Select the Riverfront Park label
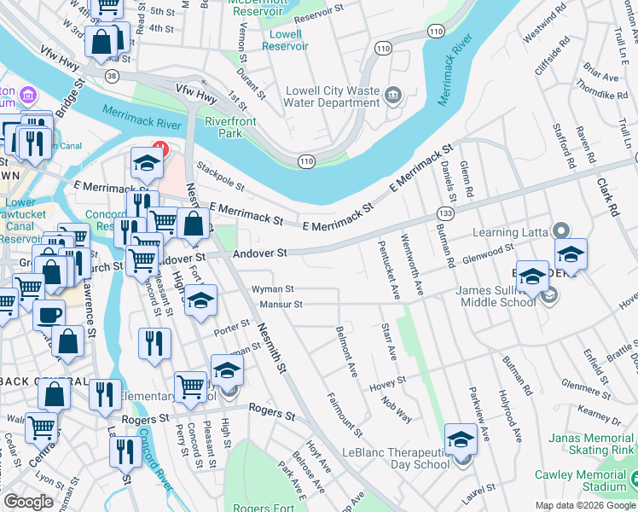tap(230, 127)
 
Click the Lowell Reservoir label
tap(281, 40)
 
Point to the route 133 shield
tap(445, 212)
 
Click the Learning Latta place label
tap(507, 232)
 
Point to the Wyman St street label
tap(272, 289)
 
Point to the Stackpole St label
tap(220, 176)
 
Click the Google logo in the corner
tap(28, 502)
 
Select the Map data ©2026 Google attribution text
tap(584, 505)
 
